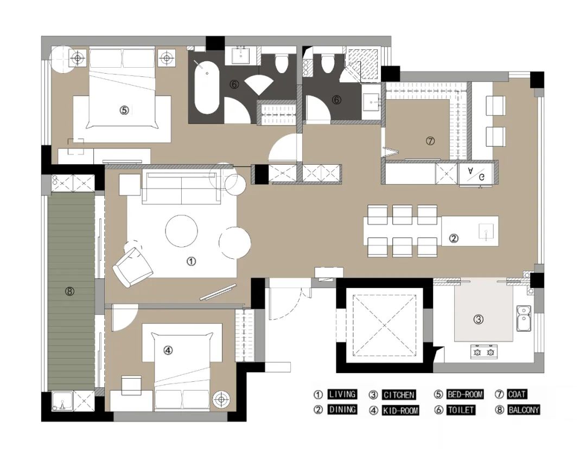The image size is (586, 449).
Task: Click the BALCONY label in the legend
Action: tap(524, 410)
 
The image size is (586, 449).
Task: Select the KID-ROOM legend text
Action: tap(400, 411)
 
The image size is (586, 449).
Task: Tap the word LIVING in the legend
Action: tap(342, 394)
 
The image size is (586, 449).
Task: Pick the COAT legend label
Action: tap(517, 394)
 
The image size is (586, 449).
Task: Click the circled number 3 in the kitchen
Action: tap(479, 319)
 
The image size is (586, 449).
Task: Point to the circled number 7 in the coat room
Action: tap(430, 141)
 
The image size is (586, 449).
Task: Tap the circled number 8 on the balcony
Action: tap(70, 291)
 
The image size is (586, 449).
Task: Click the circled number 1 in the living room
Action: tap(191, 262)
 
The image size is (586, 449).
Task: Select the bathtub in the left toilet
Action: tap(207, 87)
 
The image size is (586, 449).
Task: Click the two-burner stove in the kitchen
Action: tap(484, 352)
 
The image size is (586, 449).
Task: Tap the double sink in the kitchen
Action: tap(524, 318)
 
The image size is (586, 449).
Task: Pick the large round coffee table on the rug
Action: tap(182, 231)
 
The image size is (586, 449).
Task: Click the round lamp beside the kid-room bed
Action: tap(221, 399)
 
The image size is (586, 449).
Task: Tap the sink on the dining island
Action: tap(486, 231)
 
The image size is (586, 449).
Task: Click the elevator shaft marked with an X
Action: tap(385, 325)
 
